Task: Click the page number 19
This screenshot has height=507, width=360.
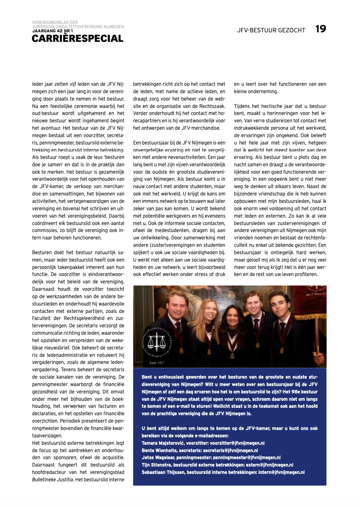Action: coord(321,29)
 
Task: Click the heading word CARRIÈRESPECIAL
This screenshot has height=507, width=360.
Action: coord(77,38)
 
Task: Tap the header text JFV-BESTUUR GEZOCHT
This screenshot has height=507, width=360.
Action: coord(271,30)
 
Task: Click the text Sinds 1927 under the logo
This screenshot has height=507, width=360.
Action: coord(157,362)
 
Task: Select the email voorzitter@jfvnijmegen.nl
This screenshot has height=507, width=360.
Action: coord(237,443)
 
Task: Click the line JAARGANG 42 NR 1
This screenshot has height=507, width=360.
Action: coord(52,31)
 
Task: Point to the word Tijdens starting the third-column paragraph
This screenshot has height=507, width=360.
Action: coord(242,106)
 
